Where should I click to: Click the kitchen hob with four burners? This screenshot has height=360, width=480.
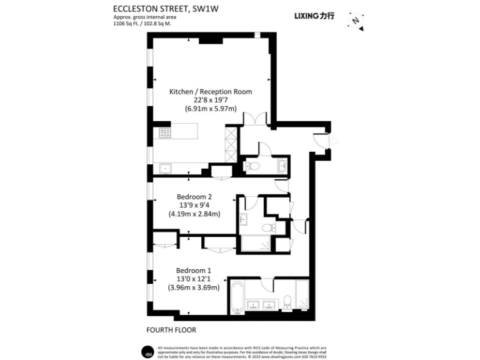click(166, 132)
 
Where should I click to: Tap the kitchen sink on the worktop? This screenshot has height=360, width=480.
click(165, 167)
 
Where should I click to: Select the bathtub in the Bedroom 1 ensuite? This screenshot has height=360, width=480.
click(237, 299)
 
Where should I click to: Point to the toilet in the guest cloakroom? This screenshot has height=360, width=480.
click(251, 166)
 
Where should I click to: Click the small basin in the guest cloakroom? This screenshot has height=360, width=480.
click(282, 165)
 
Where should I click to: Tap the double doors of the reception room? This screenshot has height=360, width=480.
click(256, 119)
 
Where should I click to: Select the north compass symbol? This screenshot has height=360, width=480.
click(355, 21)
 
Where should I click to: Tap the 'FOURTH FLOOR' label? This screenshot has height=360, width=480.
click(166, 329)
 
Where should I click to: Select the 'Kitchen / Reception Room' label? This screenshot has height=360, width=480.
click(211, 91)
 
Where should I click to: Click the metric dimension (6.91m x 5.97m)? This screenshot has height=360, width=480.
click(211, 109)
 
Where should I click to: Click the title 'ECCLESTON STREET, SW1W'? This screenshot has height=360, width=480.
click(159, 8)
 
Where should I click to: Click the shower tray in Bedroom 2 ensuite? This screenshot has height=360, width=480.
click(256, 243)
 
